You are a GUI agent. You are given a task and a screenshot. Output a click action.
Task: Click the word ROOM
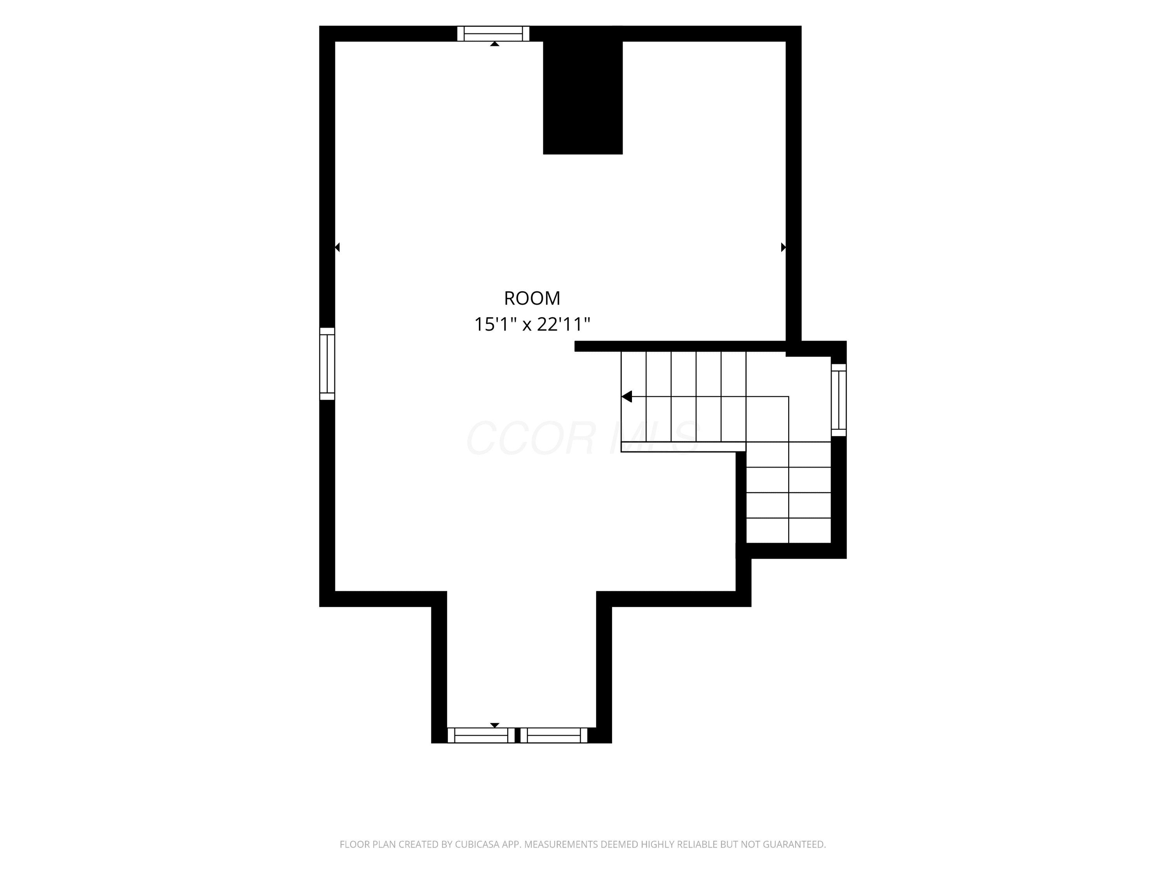532,298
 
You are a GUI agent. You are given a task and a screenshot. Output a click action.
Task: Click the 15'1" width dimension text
495,324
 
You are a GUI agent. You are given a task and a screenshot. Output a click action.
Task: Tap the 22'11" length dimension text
564,324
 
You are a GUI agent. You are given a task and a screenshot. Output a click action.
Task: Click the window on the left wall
327,364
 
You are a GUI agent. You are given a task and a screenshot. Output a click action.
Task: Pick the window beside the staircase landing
839,400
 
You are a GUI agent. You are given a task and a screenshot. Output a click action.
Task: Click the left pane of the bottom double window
481,735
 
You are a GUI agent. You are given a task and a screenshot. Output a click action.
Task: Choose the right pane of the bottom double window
553,735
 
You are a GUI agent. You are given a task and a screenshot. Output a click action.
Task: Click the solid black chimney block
583,90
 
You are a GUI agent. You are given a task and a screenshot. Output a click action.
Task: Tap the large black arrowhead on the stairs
627,396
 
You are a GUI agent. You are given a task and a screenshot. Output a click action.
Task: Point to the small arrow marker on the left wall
337,247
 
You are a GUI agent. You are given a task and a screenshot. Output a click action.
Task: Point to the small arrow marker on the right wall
783,247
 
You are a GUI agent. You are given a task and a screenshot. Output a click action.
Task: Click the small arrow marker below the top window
494,44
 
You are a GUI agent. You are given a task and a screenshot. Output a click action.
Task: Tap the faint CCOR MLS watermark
583,438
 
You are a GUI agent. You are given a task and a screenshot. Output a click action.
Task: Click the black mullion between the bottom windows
518,735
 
